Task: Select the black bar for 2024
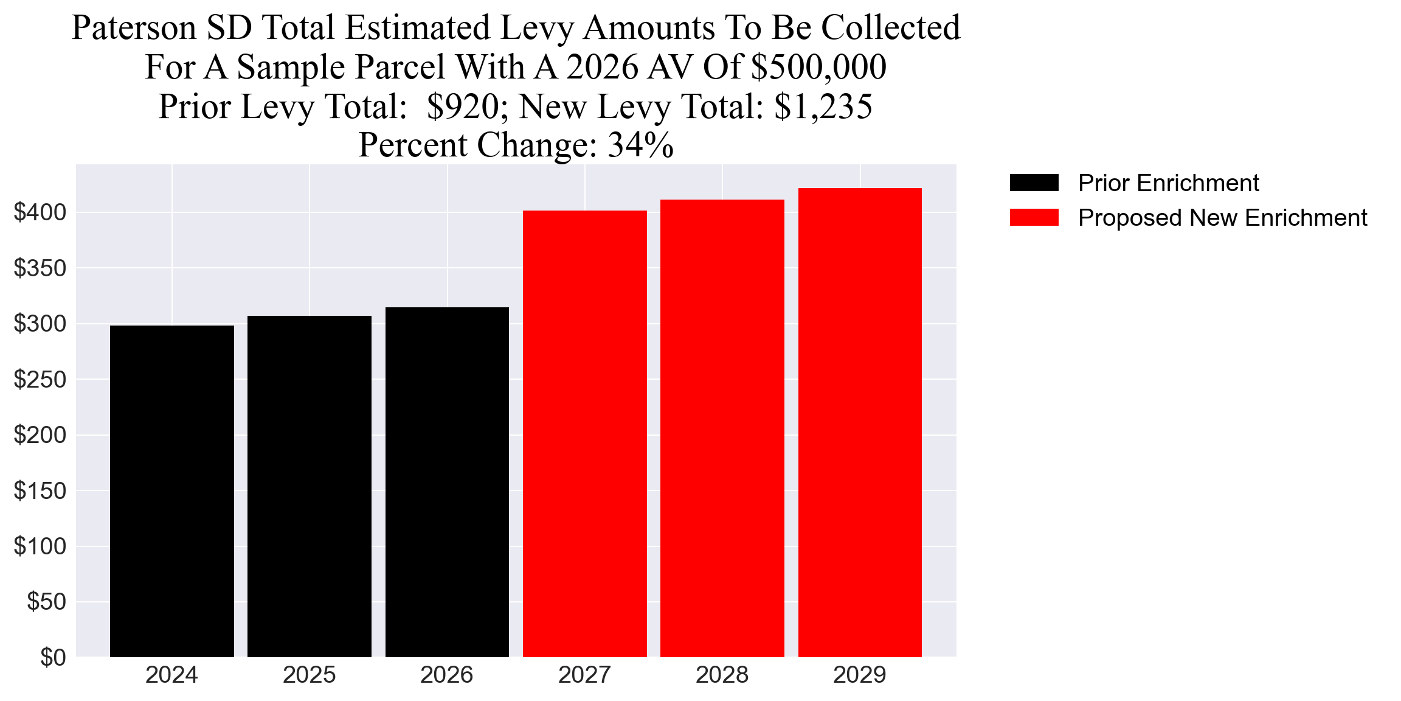[172, 491]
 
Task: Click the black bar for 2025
[310, 486]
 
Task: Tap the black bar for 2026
[447, 482]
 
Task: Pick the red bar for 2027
[584, 433]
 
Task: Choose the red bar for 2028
[722, 428]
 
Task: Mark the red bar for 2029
[860, 422]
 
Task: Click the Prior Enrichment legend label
[1168, 183]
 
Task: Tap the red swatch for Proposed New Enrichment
[1034, 218]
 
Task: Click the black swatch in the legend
[1034, 183]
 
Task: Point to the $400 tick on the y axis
[40, 212]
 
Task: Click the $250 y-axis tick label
[40, 380]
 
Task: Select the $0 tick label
[53, 657]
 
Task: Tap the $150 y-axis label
[40, 491]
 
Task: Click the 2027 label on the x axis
[584, 675]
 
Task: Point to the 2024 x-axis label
[172, 675]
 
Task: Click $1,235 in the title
[823, 106]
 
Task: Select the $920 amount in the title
[463, 106]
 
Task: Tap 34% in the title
[640, 145]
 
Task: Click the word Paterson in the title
[134, 28]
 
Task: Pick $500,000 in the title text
[818, 67]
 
